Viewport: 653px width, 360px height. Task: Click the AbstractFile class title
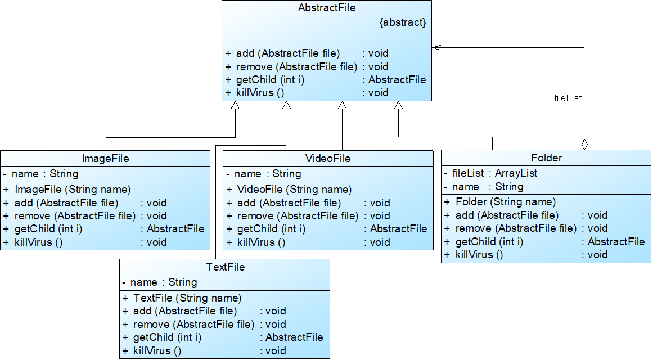pos(326,8)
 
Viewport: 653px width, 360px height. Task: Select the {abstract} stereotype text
pos(403,22)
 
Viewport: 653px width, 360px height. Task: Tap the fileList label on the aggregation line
pos(568,98)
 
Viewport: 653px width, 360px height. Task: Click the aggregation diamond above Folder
pos(584,144)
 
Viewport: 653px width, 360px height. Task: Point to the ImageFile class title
pos(105,159)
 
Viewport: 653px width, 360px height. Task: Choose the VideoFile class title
pos(328,159)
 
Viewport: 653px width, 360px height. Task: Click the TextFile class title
pos(224,267)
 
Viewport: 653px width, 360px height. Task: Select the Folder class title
pos(546,158)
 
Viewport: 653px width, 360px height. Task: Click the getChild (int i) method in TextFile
pos(167,337)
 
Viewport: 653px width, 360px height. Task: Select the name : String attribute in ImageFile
pos(45,174)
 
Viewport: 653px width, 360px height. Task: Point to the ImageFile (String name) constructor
pos(73,190)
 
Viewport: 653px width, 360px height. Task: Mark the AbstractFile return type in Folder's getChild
pos(616,242)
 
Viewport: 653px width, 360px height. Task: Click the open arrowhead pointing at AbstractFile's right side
pos(436,48)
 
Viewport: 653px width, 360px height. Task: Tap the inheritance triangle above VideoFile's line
pos(342,105)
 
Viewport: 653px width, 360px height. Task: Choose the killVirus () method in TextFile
pos(157,351)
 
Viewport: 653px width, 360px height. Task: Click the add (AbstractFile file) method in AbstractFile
pos(287,53)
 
